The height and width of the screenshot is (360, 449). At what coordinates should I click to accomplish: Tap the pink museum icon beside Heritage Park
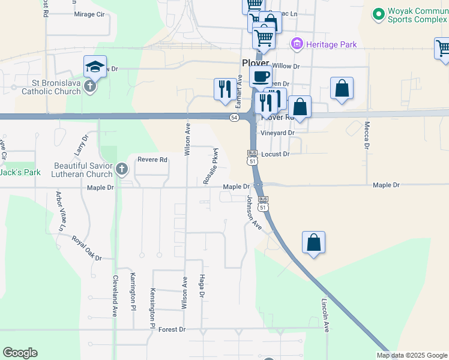click(x=296, y=44)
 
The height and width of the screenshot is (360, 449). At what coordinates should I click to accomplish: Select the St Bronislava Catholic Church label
click(x=51, y=87)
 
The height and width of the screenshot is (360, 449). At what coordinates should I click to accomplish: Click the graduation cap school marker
click(x=95, y=67)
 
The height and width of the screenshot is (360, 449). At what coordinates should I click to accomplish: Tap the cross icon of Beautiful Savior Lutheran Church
click(x=122, y=169)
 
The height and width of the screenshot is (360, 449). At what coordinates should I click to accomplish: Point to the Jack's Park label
click(x=19, y=172)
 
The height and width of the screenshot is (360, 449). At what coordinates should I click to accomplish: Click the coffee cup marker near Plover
click(x=261, y=76)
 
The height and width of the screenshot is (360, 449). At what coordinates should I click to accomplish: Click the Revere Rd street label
click(x=152, y=160)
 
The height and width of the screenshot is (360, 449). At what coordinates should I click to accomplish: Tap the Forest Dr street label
click(x=172, y=329)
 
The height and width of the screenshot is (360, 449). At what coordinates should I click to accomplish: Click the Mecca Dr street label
click(x=366, y=134)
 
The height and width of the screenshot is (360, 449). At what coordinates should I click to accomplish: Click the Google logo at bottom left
click(x=20, y=353)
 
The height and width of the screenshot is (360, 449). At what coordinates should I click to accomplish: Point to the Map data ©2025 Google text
click(x=411, y=355)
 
